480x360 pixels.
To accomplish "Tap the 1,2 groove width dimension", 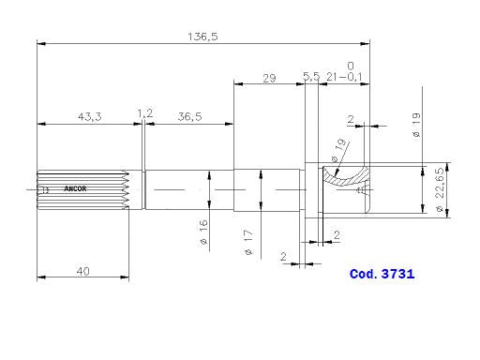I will point(144,113).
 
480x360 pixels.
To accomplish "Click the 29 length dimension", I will point(269,79).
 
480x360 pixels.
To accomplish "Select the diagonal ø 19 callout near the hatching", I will point(338,147).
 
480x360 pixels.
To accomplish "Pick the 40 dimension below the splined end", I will point(84,271).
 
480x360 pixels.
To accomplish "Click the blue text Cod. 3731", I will point(382,275).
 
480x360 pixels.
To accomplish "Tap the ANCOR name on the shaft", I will point(75,188).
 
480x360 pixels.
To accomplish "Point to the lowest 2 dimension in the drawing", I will point(283,256).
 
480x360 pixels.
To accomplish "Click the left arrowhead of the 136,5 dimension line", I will point(41,43).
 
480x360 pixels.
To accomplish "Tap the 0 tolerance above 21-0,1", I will point(350,66).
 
